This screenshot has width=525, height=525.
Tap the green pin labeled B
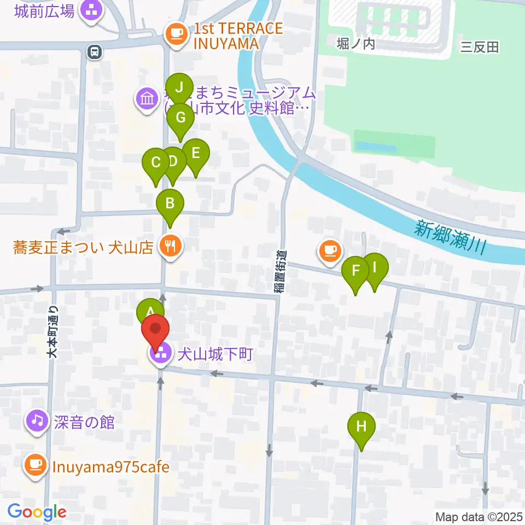point(170,203)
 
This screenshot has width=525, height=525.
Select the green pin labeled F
point(355,271)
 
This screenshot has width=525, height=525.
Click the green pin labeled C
point(155,163)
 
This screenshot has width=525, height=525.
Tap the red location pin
point(156,331)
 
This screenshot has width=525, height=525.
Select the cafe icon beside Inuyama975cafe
point(36,466)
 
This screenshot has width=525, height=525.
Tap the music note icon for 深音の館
point(37,421)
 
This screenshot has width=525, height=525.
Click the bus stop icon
point(95,51)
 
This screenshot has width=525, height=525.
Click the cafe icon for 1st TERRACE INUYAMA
point(176,34)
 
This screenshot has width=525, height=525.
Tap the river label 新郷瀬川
point(450,237)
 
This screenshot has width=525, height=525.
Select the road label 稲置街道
point(280,272)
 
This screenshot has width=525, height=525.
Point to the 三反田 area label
point(480,48)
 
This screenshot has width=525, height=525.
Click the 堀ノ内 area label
point(356,43)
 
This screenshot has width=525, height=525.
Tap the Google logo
point(37,512)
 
